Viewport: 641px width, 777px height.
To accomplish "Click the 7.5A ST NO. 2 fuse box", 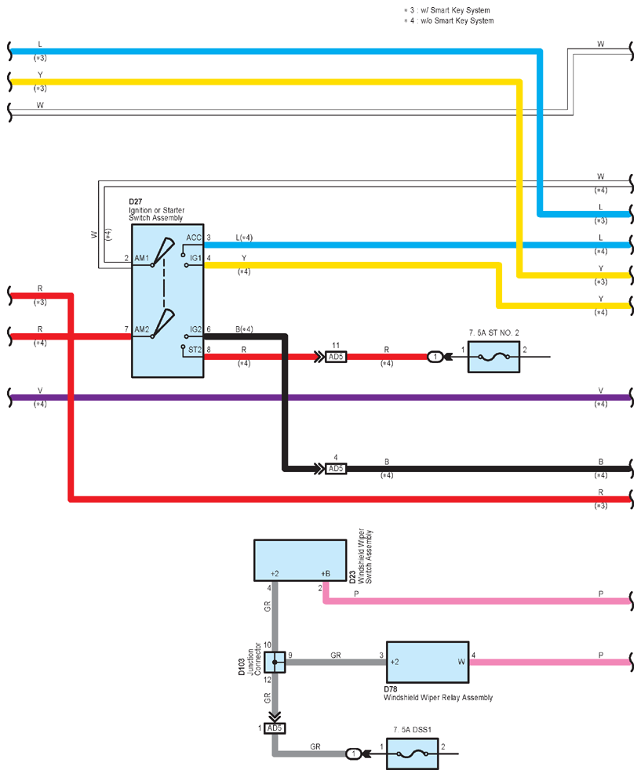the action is click(493, 357).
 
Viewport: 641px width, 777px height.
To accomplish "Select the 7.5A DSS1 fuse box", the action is click(412, 753).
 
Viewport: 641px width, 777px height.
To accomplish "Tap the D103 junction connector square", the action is click(275, 662).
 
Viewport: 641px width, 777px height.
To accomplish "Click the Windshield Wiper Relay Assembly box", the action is click(428, 662).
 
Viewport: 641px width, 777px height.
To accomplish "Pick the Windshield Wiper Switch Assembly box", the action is click(300, 560).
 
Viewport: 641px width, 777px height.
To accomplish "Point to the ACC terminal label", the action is click(193, 238).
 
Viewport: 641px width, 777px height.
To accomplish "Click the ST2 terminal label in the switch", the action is click(195, 350).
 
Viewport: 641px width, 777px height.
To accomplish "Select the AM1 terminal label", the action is click(141, 258).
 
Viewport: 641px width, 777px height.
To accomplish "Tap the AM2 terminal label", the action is click(142, 329).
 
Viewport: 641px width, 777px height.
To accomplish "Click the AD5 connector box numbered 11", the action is click(336, 357).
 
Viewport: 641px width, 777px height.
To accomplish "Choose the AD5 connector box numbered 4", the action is click(336, 469).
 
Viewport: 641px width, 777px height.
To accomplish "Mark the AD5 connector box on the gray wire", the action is click(274, 728).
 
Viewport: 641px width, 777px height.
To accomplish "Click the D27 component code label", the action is click(135, 202).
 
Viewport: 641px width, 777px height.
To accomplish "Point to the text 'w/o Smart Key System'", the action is click(457, 21).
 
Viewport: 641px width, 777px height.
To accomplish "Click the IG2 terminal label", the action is click(196, 329).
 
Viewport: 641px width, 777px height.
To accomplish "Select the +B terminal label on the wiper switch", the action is click(326, 574).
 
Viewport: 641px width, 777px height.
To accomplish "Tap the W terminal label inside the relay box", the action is click(461, 662).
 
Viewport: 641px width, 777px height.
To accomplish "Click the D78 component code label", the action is click(391, 689).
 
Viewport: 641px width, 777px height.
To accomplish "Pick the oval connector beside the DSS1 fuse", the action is click(353, 753).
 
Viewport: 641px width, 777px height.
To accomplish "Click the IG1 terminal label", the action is click(196, 258).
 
